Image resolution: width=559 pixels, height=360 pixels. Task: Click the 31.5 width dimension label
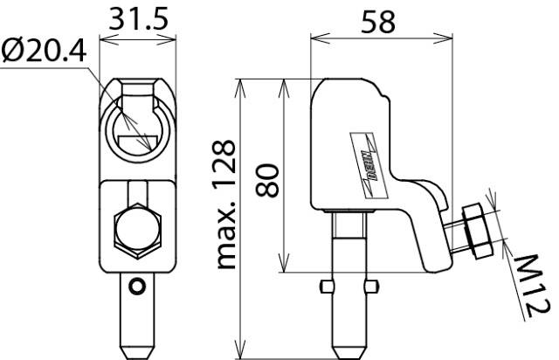click(x=138, y=19)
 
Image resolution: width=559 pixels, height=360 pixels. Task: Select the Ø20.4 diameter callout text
click(x=44, y=51)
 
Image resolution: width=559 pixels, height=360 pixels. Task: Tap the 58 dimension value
click(x=378, y=22)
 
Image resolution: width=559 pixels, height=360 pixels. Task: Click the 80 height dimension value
click(x=267, y=181)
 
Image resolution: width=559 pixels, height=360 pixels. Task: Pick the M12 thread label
click(x=532, y=286)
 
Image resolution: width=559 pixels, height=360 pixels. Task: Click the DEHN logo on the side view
click(x=369, y=164)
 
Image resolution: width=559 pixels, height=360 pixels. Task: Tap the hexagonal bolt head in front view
click(x=138, y=232)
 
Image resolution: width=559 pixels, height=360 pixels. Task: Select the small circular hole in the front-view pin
click(x=137, y=286)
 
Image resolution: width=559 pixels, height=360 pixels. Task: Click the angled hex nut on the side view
click(x=478, y=231)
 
